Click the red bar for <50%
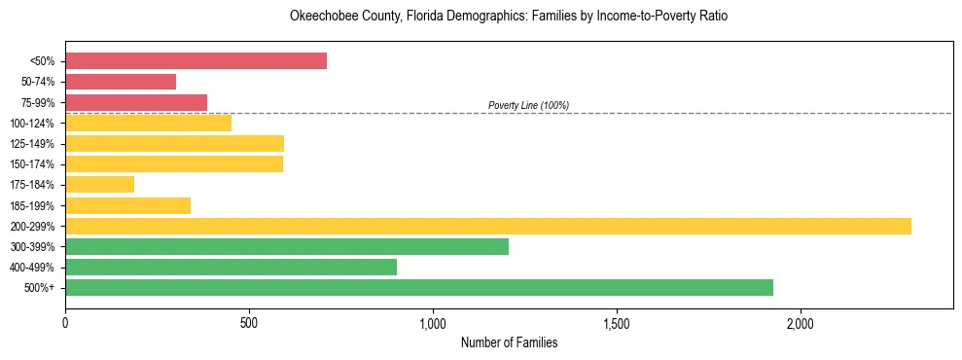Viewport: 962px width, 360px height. point(196,61)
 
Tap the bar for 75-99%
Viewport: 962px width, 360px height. point(136,102)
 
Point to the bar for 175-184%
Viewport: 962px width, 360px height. point(99,184)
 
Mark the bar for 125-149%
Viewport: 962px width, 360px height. point(174,143)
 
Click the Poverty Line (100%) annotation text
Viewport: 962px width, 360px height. point(528,105)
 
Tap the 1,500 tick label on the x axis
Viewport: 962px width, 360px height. point(617,323)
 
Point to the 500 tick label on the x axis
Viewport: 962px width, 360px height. point(249,323)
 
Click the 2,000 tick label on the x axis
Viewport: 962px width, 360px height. point(801,323)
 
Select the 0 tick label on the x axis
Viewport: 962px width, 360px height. point(65,323)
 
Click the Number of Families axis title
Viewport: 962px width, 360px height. point(509,342)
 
